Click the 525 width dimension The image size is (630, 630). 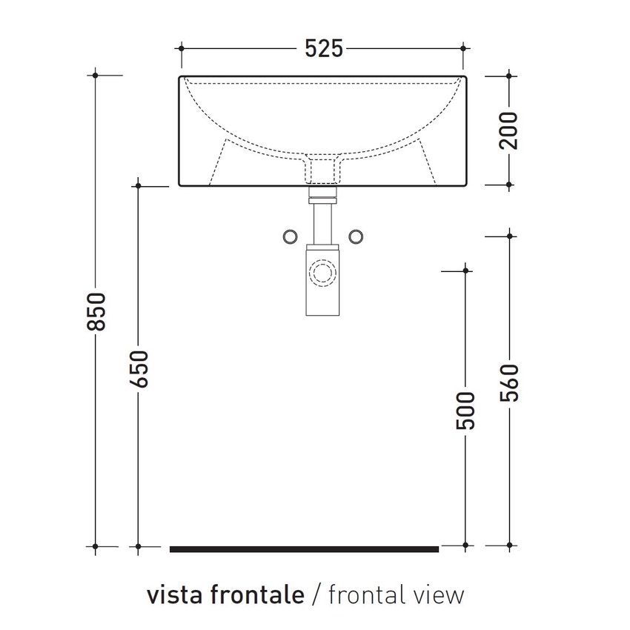pos(324,48)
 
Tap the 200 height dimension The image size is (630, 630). pos(509,130)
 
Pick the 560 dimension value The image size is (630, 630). pos(509,383)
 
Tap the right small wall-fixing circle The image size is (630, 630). pos(356,236)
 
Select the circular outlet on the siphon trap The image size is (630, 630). pos(322,272)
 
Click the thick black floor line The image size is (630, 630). pos(304,549)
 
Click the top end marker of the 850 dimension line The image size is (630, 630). pos(96,75)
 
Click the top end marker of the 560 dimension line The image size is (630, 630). pos(509,236)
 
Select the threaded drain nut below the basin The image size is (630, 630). pos(322,197)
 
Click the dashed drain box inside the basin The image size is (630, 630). pos(322,168)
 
